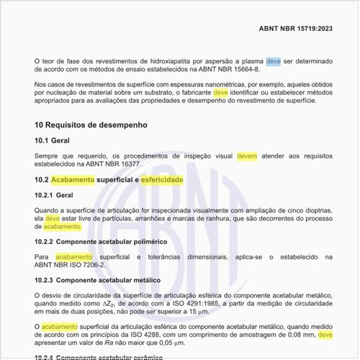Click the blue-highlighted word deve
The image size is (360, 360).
(274, 63)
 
